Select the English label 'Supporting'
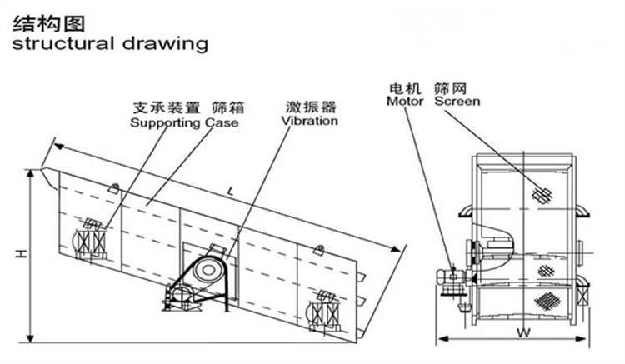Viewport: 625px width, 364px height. click(167, 122)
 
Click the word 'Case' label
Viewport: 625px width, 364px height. click(222, 122)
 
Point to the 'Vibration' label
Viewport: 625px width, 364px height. click(309, 121)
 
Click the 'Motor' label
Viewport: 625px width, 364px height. click(406, 101)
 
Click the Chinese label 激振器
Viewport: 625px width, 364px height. click(310, 107)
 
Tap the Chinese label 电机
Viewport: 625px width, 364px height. click(402, 87)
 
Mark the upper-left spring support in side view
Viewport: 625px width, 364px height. click(89, 241)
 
